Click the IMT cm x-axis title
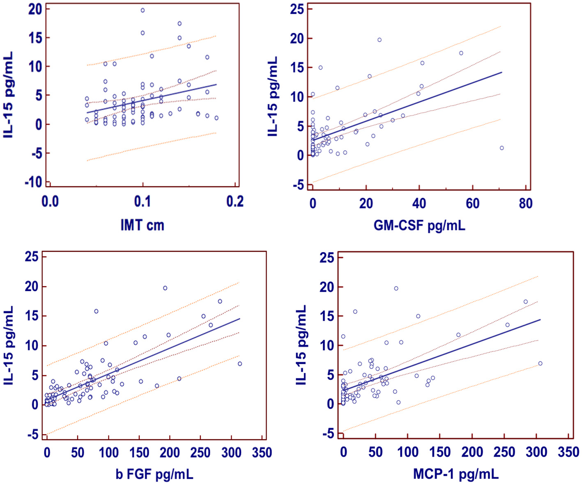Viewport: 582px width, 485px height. pyautogui.click(x=142, y=225)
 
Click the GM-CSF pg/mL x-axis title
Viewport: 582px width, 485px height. pyautogui.click(x=419, y=225)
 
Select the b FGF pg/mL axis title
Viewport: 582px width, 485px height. pyautogui.click(x=154, y=475)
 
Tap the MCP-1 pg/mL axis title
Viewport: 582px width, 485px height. pyautogui.click(x=455, y=475)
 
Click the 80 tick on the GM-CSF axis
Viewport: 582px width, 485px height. pyautogui.click(x=525, y=203)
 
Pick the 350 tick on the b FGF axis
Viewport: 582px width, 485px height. pyautogui.click(x=262, y=453)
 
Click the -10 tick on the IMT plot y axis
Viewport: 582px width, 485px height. pyautogui.click(x=34, y=182)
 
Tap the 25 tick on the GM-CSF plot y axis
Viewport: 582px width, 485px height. pyautogui.click(x=297, y=9)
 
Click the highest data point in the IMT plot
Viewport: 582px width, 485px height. pyautogui.click(x=143, y=10)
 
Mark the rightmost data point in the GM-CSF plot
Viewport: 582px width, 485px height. pyautogui.click(x=501, y=148)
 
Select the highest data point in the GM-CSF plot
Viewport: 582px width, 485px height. pyautogui.click(x=380, y=40)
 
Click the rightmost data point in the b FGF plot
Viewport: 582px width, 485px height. pyautogui.click(x=240, y=364)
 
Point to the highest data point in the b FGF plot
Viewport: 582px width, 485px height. pyautogui.click(x=165, y=288)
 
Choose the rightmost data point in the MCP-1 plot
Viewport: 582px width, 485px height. pyautogui.click(x=540, y=363)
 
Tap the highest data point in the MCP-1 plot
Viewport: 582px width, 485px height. pyautogui.click(x=396, y=289)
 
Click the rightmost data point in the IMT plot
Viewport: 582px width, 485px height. pyautogui.click(x=216, y=118)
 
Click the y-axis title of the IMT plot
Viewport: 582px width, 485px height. pyautogui.click(x=9, y=94)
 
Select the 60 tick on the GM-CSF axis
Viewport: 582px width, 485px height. pyautogui.click(x=472, y=203)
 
